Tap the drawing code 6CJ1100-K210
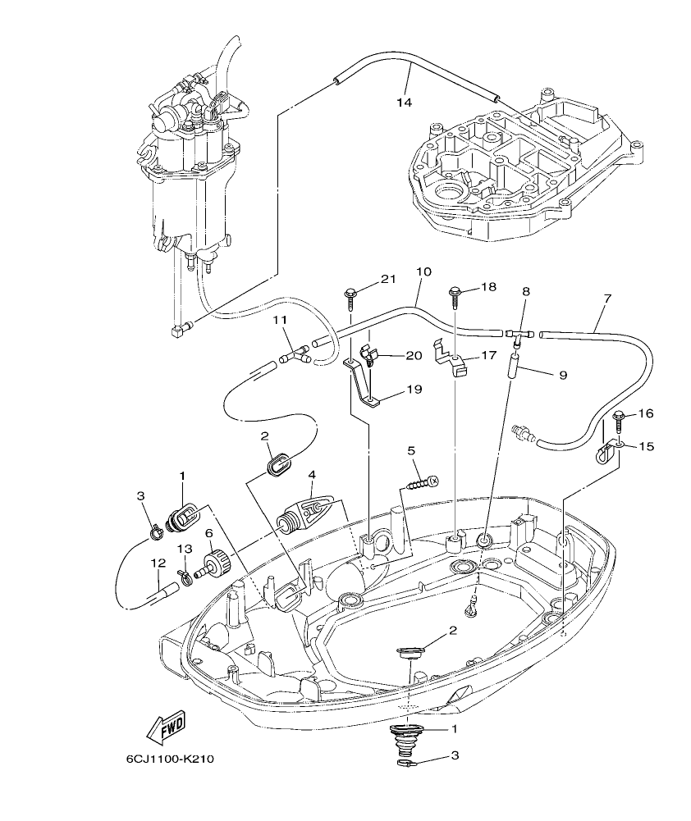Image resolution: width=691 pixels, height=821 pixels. pyautogui.click(x=170, y=759)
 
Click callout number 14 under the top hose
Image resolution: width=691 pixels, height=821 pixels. pyautogui.click(x=404, y=103)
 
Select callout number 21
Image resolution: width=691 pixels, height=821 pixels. pyautogui.click(x=387, y=281)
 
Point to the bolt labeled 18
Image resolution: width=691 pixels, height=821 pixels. pyautogui.click(x=455, y=290)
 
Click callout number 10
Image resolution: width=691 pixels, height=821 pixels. pyautogui.click(x=423, y=271)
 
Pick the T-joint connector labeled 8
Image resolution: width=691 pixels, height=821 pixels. pyautogui.click(x=517, y=332)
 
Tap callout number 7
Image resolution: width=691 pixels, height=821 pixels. pyautogui.click(x=606, y=298)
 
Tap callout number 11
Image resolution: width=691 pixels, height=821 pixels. pyautogui.click(x=280, y=320)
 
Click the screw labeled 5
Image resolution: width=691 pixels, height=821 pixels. pyautogui.click(x=421, y=482)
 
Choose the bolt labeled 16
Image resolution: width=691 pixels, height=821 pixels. pyautogui.click(x=619, y=417)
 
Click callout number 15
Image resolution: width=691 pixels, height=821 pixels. pyautogui.click(x=648, y=447)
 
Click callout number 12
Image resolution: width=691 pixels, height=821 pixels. pyautogui.click(x=158, y=563)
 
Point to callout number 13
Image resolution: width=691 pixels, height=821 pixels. pyautogui.click(x=186, y=549)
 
